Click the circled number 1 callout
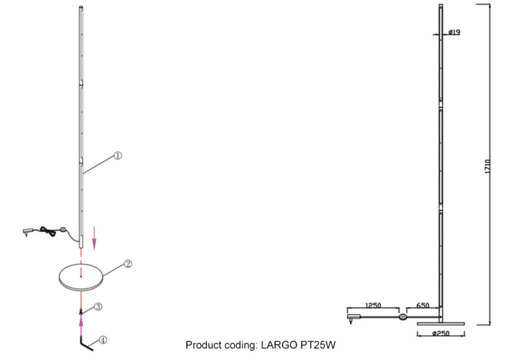pyautogui.click(x=117, y=156)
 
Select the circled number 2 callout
pyautogui.click(x=129, y=264)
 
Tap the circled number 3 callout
pyautogui.click(x=97, y=306)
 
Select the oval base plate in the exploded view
pyautogui.click(x=81, y=277)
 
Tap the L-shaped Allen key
pyautogui.click(x=85, y=342)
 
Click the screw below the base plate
pyautogui.click(x=82, y=312)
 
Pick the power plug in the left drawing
pyautogui.click(x=26, y=230)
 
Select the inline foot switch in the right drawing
pyautogui.click(x=403, y=318)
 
